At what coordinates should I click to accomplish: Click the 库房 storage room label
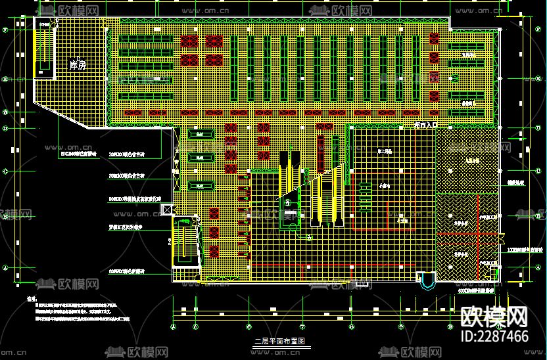(78, 65)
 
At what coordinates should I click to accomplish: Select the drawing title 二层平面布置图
(279, 340)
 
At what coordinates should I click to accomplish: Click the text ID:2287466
(495, 336)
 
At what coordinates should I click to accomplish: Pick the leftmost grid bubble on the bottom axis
(174, 326)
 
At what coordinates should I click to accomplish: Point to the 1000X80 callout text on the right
(526, 250)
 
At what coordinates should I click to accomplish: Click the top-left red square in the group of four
(189, 41)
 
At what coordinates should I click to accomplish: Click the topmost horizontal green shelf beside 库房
(145, 38)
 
